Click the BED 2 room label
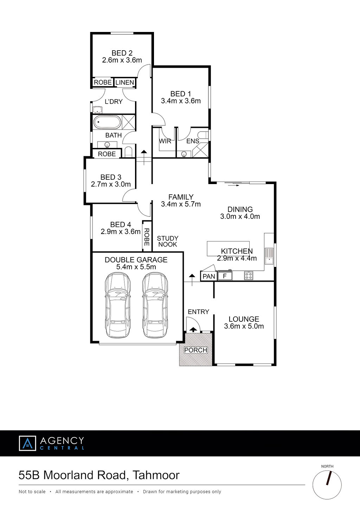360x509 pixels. click(122, 53)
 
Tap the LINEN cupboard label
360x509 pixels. click(124, 82)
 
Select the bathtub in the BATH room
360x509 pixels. click(107, 122)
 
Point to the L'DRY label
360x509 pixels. click(114, 102)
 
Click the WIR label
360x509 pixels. click(165, 141)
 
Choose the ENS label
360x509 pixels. click(193, 141)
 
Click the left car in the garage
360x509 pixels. click(117, 305)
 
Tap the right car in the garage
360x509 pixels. click(155, 305)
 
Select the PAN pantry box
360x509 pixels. click(209, 276)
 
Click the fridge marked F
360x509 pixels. click(225, 276)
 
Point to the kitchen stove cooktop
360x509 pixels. click(249, 276)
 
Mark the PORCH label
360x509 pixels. click(196, 350)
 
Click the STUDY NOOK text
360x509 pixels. click(168, 241)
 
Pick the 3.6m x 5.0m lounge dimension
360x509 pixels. click(244, 326)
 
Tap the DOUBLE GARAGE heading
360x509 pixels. click(136, 260)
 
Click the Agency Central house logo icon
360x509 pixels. click(27, 443)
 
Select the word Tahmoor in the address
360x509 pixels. click(156, 475)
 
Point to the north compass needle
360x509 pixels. click(329, 478)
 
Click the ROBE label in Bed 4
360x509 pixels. click(147, 237)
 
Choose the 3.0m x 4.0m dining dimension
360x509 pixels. click(240, 216)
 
